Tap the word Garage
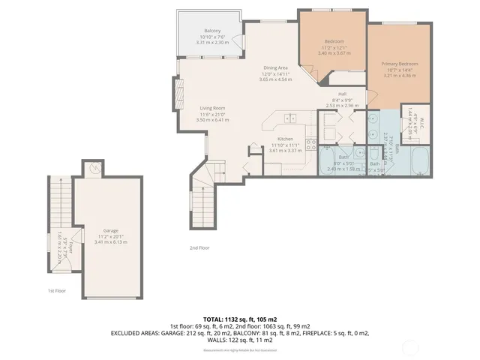tap(110, 230)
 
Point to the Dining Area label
tap(276, 68)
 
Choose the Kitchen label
tap(284, 139)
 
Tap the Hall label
tap(341, 94)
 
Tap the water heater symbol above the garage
tap(92, 169)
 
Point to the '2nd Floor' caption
tap(199, 247)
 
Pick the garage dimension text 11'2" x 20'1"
tap(110, 237)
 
